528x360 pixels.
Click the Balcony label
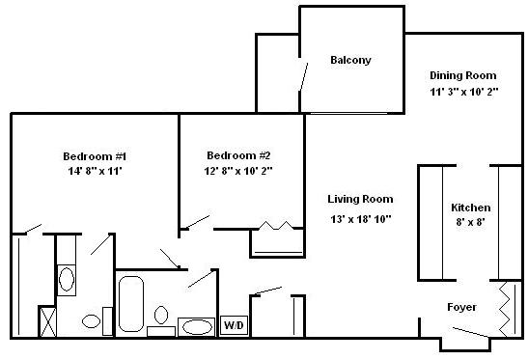point(350,60)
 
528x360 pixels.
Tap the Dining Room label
point(463,75)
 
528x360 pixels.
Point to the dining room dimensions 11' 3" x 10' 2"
point(463,92)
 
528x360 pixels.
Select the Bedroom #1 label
point(95,156)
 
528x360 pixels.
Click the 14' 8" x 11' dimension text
point(95,171)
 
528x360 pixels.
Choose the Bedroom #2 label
point(238,155)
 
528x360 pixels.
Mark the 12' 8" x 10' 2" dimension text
point(238,171)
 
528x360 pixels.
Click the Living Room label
point(360,199)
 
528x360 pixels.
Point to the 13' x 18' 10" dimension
point(361,219)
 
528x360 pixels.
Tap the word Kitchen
point(471,208)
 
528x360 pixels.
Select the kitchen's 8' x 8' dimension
point(471,222)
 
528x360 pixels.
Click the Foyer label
point(461,307)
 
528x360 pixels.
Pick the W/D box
point(234,325)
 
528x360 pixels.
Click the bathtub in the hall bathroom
point(131,304)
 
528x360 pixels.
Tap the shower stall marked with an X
point(47,321)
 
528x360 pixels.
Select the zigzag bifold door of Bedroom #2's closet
point(276,225)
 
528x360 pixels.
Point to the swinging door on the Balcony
point(304,77)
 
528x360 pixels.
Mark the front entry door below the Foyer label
point(470,332)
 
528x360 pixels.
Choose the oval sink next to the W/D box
point(197,326)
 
